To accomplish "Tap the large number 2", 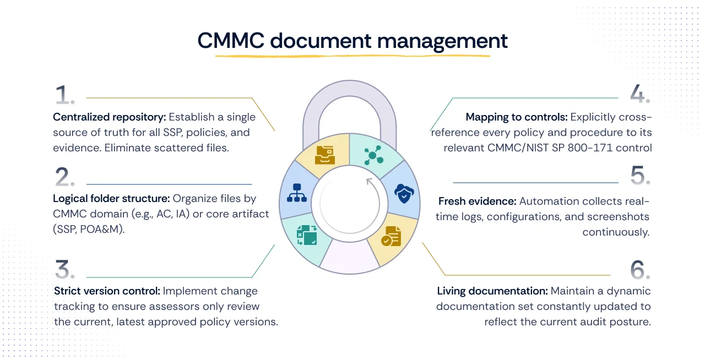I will click(66, 177).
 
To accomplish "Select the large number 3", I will click(66, 269).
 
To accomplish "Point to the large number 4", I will click(639, 94).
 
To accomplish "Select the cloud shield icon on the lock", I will click(404, 193).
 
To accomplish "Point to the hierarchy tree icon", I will click(297, 193).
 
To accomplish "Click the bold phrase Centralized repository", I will click(109, 117).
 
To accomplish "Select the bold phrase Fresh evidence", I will click(477, 201).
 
